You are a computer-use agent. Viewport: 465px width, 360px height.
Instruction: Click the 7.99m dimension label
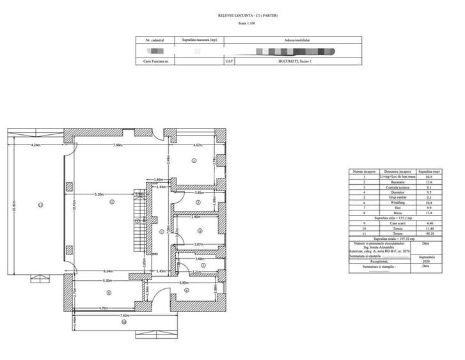(118, 145)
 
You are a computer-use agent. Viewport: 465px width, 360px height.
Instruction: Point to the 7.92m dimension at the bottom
(124, 315)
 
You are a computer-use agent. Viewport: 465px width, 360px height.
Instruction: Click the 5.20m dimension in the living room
(99, 194)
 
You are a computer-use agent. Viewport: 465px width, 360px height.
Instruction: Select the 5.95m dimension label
(184, 282)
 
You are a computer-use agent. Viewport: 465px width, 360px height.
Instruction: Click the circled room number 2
(193, 161)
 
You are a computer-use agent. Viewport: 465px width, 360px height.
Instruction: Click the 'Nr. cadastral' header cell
(156, 39)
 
